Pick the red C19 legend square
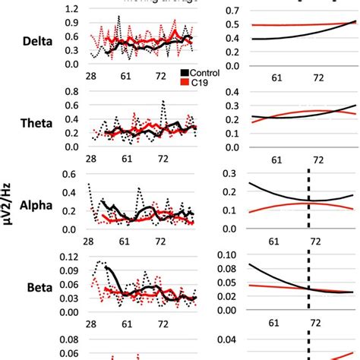coord(185,81)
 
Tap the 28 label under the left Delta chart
coord(90,77)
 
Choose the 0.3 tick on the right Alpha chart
coord(210,174)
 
